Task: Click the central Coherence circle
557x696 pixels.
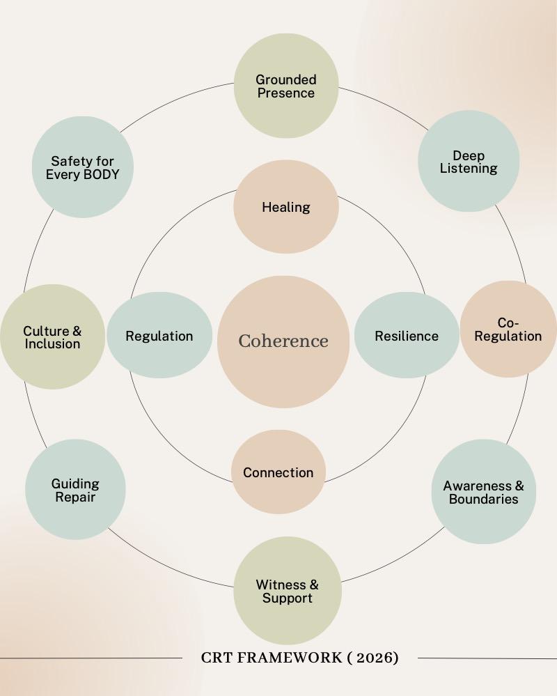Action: (283, 341)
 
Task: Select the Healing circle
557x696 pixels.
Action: (285, 207)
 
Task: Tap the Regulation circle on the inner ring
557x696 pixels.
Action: (159, 336)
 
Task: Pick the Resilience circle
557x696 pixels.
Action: (407, 336)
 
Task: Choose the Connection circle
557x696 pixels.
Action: (278, 472)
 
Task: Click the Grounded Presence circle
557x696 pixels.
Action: (285, 86)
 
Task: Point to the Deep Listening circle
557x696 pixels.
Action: (469, 162)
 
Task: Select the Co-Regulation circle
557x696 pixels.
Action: (508, 330)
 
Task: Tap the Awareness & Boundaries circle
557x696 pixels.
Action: (484, 492)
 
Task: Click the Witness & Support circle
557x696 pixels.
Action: (287, 591)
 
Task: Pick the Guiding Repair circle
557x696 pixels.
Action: (75, 490)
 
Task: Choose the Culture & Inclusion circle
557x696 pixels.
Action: (52, 337)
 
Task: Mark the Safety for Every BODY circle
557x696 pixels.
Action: (83, 167)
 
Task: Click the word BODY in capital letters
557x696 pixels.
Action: (100, 174)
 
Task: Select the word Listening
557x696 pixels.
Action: (469, 169)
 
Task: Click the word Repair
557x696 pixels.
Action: (75, 497)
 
